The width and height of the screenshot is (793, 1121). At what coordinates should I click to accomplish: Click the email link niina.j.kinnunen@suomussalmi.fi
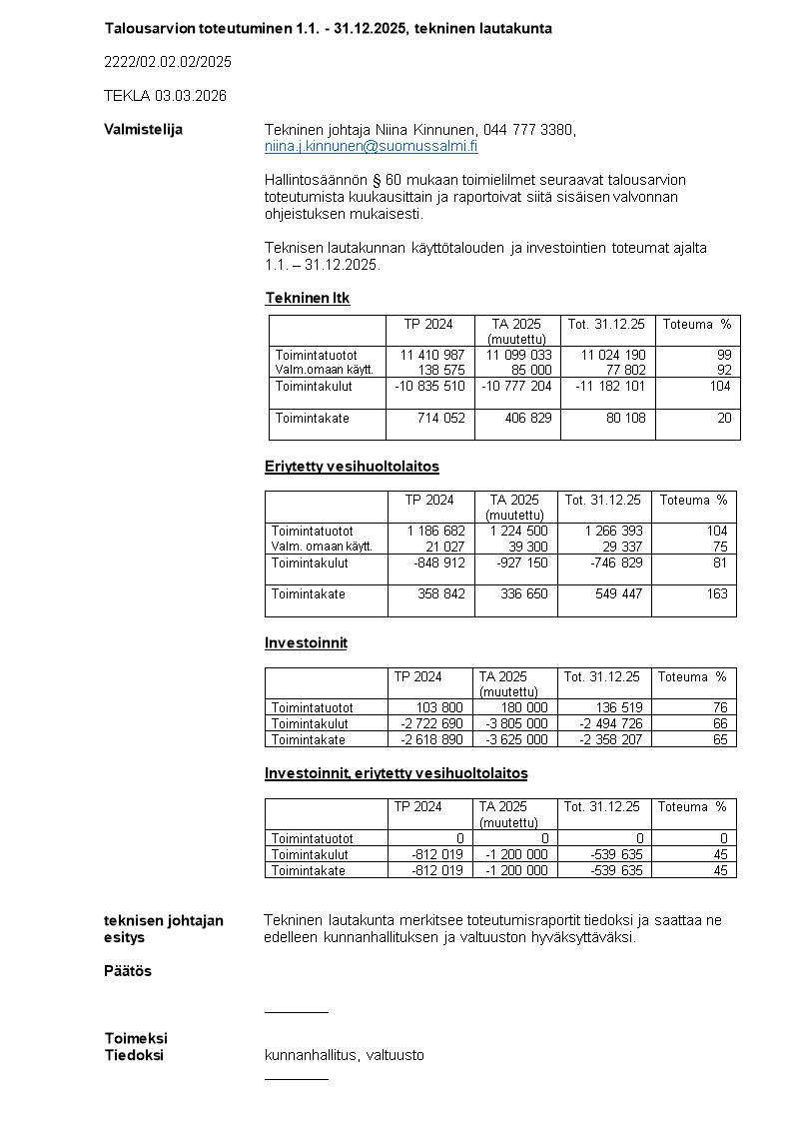click(x=371, y=146)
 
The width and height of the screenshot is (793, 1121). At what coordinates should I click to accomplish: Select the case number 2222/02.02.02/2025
click(x=168, y=62)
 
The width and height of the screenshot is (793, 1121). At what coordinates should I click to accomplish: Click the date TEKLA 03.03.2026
click(x=165, y=96)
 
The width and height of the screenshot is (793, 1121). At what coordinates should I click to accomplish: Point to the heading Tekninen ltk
click(x=308, y=298)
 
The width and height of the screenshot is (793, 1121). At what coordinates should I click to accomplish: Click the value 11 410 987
click(x=432, y=355)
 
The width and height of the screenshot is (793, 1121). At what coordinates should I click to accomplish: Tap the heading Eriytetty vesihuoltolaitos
click(x=352, y=467)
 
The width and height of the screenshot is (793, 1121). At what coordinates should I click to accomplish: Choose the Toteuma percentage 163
click(x=717, y=594)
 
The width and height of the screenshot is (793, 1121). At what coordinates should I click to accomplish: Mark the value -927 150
click(x=522, y=562)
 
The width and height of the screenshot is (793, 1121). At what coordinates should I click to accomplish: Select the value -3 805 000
click(x=517, y=723)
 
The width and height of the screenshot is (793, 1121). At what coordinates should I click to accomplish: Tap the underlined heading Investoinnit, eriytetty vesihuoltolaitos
click(x=396, y=773)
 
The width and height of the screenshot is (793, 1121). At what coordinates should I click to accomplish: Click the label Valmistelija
click(x=143, y=130)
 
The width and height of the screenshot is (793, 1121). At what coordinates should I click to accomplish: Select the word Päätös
click(x=128, y=971)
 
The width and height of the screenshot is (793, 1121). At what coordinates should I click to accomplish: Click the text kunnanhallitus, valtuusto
click(x=345, y=1055)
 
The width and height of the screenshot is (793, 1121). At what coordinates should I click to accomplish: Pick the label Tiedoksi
click(x=134, y=1055)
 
